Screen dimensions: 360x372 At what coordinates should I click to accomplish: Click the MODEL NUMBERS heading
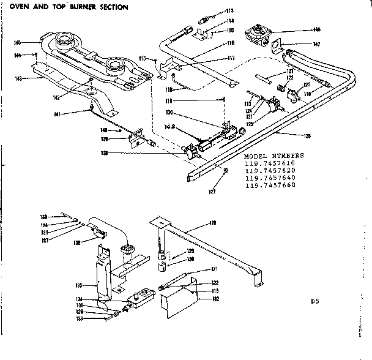273,156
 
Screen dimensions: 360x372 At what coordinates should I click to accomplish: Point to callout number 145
18,42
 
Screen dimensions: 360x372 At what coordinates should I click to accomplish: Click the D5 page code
314,301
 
